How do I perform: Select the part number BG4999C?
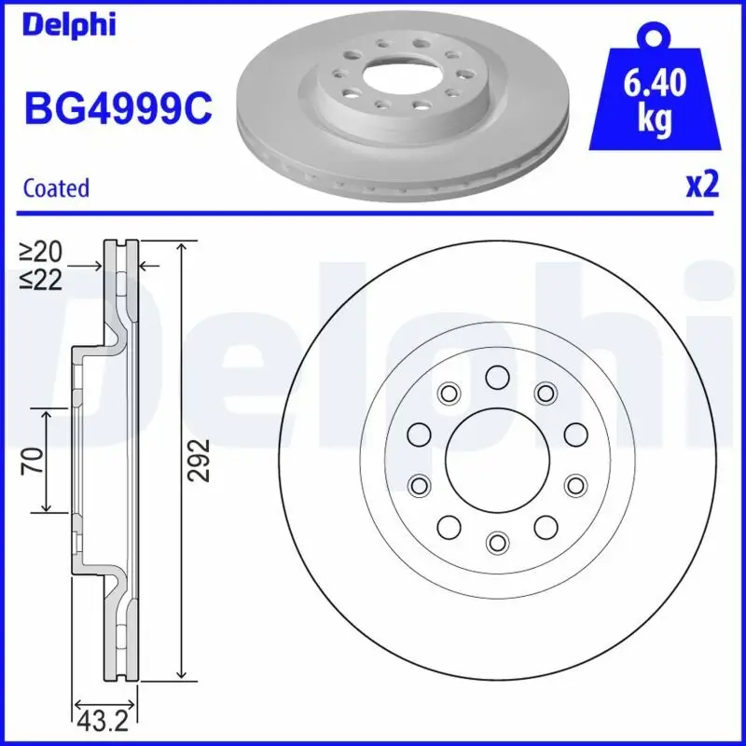click(117, 110)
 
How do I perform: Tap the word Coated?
click(56, 187)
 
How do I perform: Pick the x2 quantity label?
click(702, 185)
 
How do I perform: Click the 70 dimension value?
click(32, 461)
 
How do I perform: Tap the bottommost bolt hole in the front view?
click(497, 541)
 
